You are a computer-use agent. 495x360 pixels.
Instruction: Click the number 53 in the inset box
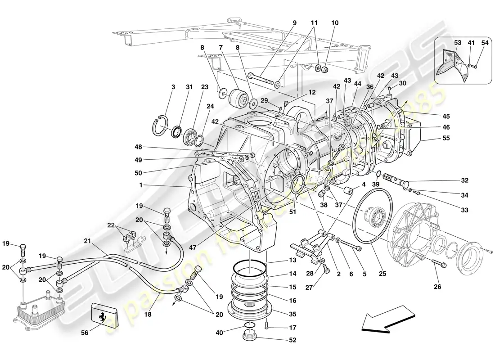coord(457,43)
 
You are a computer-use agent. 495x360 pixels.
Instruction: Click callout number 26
coord(437,286)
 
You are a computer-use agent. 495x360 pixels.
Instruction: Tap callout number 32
coord(464,180)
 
